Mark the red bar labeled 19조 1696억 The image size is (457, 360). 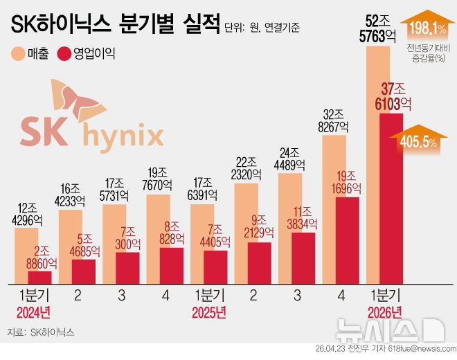[347, 240]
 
